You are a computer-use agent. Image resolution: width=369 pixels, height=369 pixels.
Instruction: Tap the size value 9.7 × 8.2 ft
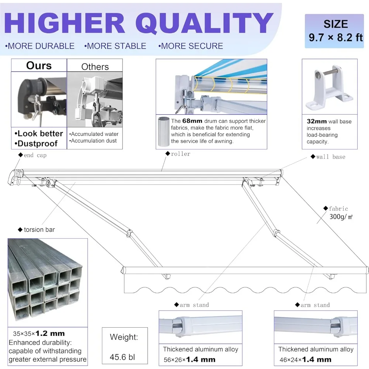(336, 37)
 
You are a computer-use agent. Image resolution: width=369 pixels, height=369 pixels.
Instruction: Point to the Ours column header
(39, 66)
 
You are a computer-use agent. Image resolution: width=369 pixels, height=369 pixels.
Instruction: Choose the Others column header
(95, 67)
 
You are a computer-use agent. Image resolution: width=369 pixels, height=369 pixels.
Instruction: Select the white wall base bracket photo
(330, 87)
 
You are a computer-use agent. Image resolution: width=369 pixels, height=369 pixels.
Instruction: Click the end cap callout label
(35, 155)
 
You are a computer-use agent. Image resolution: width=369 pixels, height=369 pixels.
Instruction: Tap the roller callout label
(180, 154)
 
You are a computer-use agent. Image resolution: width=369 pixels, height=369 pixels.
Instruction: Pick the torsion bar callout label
(39, 230)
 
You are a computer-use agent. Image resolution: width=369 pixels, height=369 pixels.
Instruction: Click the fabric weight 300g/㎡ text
(341, 217)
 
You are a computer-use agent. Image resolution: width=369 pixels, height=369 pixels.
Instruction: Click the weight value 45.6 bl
(124, 357)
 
